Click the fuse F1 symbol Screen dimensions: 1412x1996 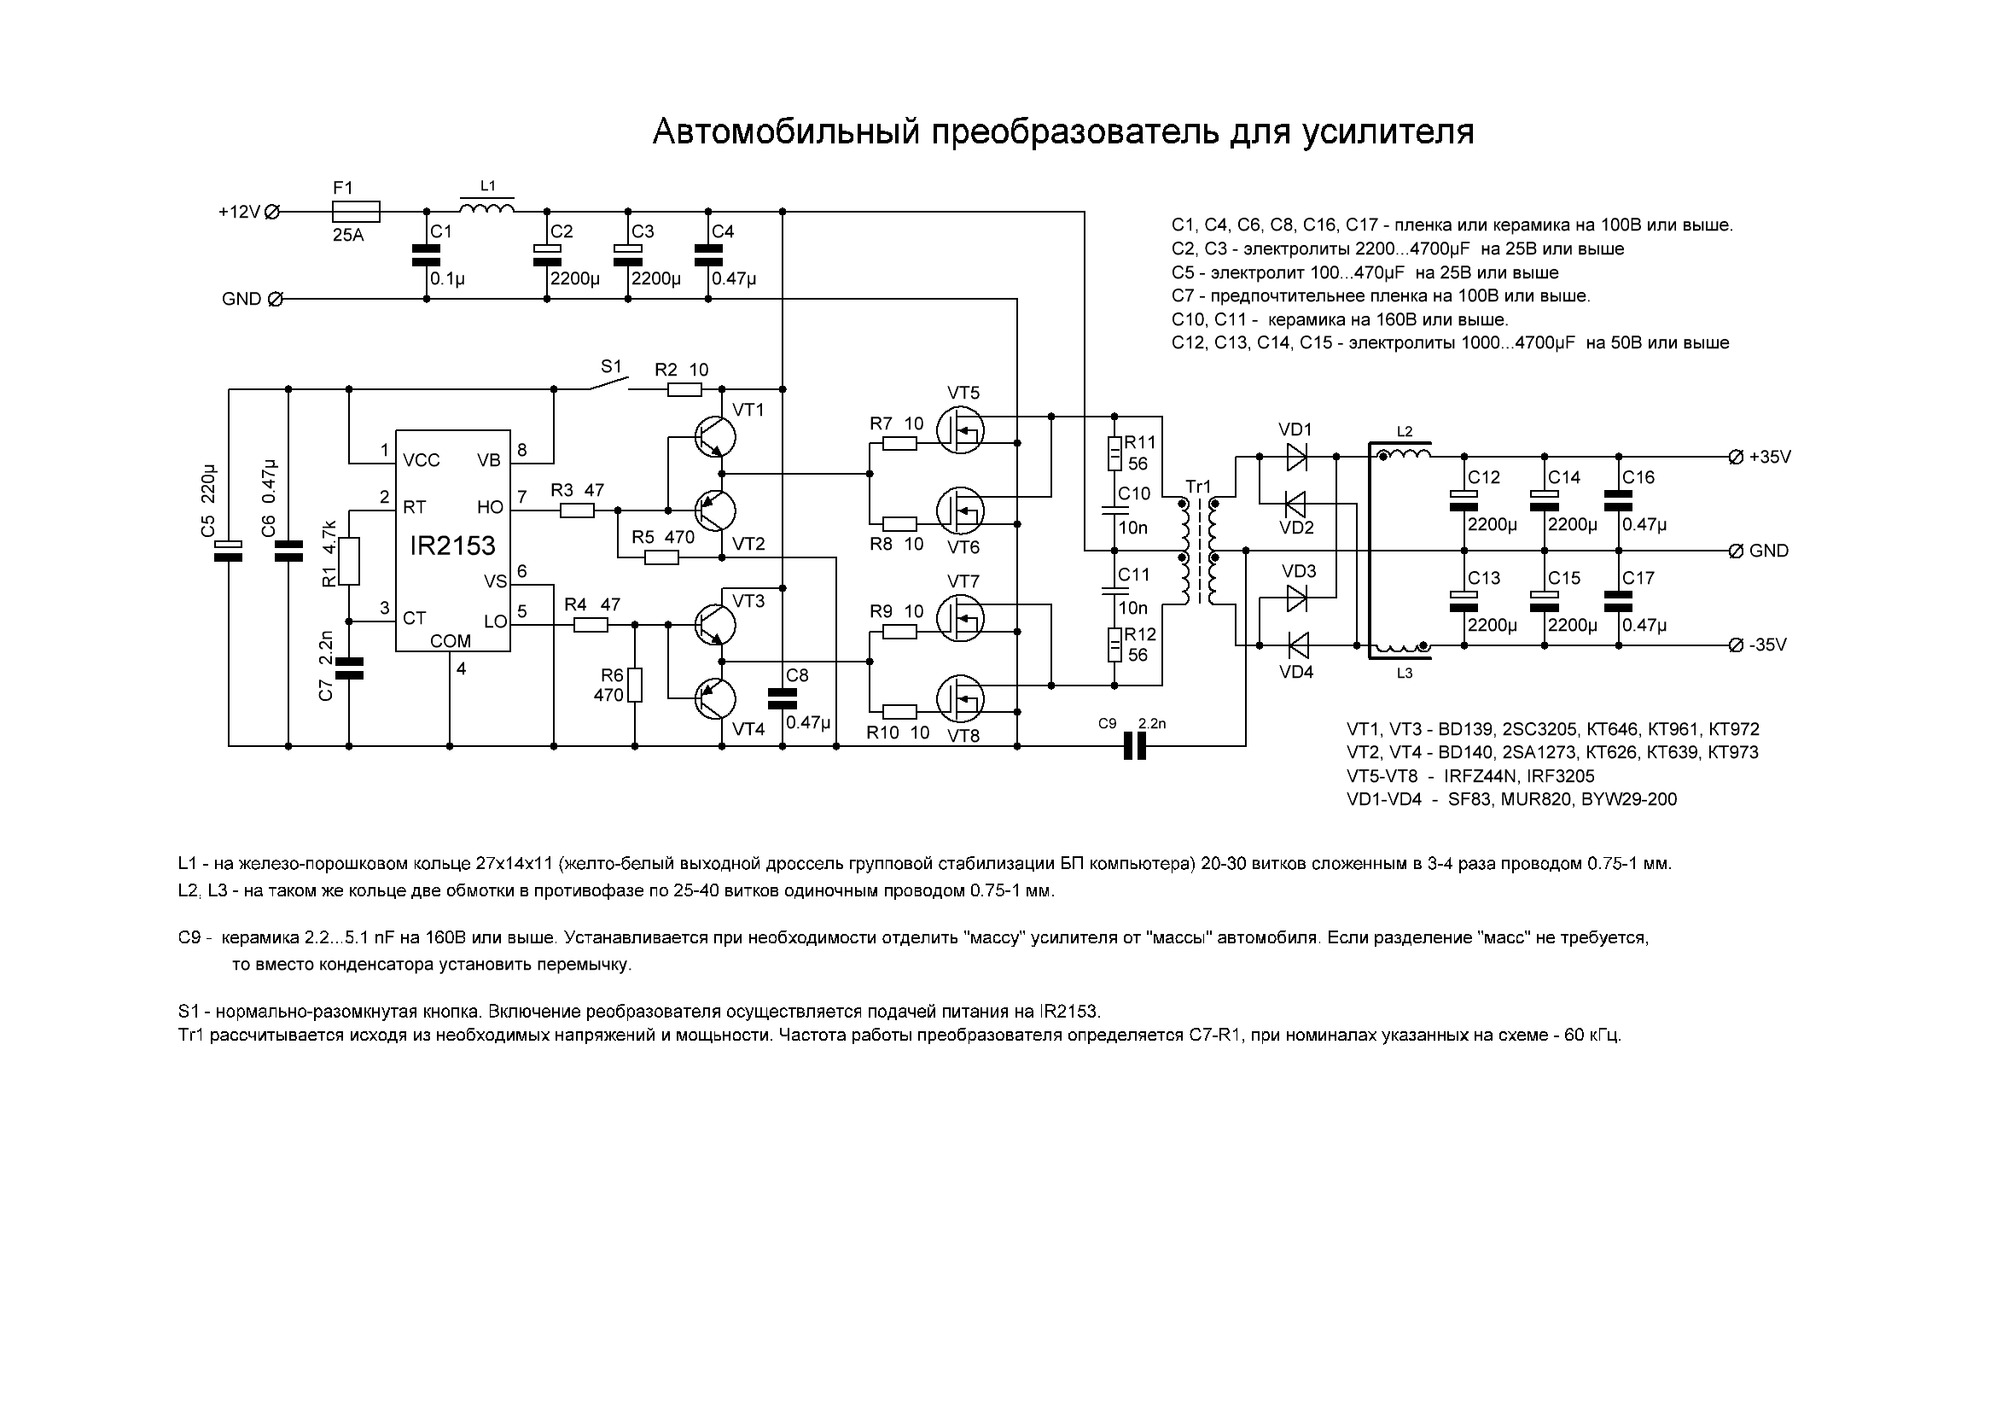pyautogui.click(x=356, y=211)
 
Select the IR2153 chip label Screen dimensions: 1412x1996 pyautogui.click(x=452, y=546)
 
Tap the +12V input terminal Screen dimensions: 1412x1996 pyautogui.click(x=272, y=211)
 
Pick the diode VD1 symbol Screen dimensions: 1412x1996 pyautogui.click(x=1296, y=456)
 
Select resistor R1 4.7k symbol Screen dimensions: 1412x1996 pyautogui.click(x=349, y=561)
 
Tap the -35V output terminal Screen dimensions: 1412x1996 pyautogui.click(x=1736, y=645)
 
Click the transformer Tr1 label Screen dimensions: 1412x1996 pyautogui.click(x=1198, y=487)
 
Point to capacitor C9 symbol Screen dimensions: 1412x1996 pyautogui.click(x=1134, y=746)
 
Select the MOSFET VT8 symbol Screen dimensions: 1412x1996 pyautogui.click(x=960, y=699)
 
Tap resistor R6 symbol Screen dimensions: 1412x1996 pyautogui.click(x=635, y=685)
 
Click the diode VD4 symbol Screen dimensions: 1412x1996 pyautogui.click(x=1296, y=645)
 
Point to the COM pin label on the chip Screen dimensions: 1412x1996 pyautogui.click(x=451, y=641)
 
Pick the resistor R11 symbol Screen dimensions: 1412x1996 pyautogui.click(x=1114, y=453)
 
